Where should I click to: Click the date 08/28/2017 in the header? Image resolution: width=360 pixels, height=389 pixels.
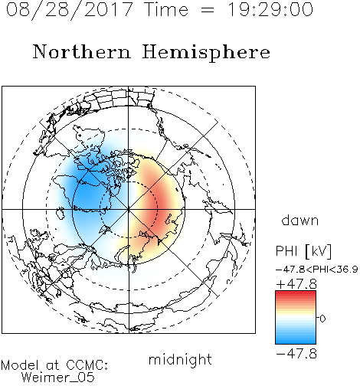click(x=70, y=10)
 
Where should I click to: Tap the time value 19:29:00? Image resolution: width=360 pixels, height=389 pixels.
click(x=270, y=9)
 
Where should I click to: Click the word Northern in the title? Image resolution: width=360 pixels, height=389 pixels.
click(x=81, y=51)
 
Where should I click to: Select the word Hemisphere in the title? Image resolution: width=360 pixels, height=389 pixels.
click(x=206, y=53)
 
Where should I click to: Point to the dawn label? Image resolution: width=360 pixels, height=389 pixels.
click(x=300, y=220)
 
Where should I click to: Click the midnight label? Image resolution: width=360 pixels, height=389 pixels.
click(x=180, y=360)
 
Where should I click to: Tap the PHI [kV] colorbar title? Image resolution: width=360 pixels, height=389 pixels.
click(x=303, y=251)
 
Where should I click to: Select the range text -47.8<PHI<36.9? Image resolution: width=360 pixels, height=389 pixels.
click(x=317, y=270)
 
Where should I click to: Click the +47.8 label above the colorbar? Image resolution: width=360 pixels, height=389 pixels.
click(x=296, y=284)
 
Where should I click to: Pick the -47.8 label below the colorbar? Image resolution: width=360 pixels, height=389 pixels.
click(x=296, y=354)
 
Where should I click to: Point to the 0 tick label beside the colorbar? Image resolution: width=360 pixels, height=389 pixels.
click(x=322, y=319)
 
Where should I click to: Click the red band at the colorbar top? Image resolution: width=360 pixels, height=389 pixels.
click(x=296, y=294)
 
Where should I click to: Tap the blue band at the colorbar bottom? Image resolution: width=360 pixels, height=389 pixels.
click(x=296, y=341)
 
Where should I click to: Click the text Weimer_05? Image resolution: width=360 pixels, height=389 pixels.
click(x=58, y=377)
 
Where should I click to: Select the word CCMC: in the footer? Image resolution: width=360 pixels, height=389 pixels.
click(x=87, y=365)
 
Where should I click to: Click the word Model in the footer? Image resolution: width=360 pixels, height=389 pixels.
click(x=20, y=365)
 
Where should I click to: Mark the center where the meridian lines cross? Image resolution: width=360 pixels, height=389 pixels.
click(x=129, y=209)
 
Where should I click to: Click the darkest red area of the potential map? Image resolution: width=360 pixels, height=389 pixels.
click(x=159, y=204)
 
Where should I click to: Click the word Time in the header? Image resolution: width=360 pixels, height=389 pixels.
click(x=166, y=9)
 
